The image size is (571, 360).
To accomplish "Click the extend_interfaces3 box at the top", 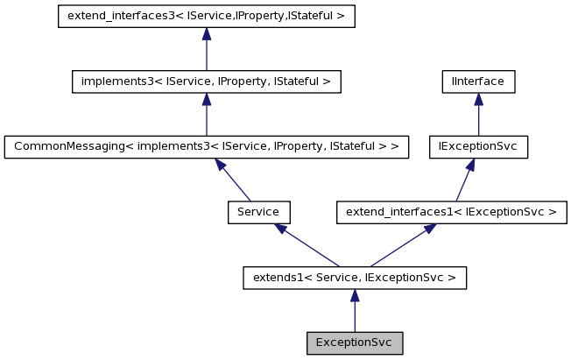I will coord(206,17).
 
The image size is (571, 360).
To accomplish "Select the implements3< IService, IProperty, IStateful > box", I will coord(206,81).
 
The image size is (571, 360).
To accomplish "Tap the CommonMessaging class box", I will coord(206,146).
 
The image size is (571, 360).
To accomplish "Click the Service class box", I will coord(258,211).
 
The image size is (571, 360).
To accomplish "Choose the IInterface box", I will coord(477,81).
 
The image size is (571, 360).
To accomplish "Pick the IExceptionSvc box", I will coord(477,146).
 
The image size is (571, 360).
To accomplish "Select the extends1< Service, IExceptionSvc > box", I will coord(354,278).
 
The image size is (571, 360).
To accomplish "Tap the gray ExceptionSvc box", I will coord(354,342).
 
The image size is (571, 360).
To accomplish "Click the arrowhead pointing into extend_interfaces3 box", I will coord(206,34).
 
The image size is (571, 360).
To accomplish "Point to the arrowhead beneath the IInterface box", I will coord(477,99).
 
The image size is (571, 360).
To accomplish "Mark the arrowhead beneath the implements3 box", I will coord(206,99).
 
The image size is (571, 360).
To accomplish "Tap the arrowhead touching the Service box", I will coord(279,229).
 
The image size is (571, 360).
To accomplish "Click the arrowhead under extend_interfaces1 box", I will coord(429,229).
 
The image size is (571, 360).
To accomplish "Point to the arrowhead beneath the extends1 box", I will coord(354,295).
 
